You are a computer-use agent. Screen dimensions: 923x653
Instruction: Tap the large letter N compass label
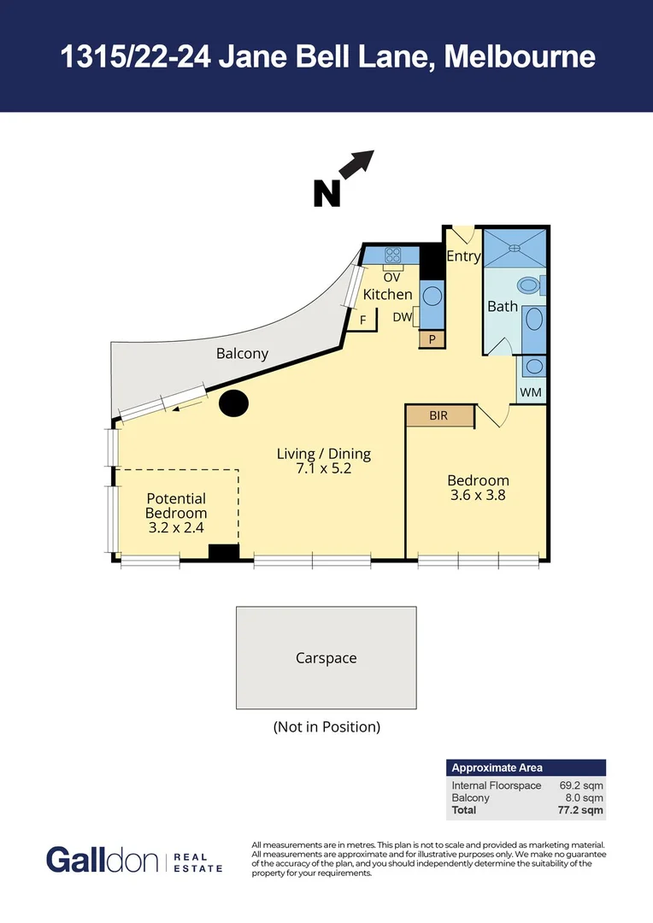326,193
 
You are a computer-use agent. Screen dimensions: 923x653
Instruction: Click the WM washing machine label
532,392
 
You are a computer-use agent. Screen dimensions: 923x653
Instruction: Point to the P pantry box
432,339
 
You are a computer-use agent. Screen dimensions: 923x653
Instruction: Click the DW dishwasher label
403,317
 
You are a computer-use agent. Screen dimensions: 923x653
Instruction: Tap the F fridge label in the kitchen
363,320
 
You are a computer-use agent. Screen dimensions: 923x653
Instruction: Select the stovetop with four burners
393,255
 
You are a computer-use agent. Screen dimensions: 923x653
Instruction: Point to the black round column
233,403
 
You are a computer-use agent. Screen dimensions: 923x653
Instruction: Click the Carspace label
326,658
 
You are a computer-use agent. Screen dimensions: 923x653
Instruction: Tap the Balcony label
242,353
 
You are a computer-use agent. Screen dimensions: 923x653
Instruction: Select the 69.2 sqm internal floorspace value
581,785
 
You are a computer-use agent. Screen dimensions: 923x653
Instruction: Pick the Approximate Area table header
497,767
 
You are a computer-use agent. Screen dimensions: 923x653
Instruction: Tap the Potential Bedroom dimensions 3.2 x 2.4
176,528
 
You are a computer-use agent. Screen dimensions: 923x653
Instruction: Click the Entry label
463,256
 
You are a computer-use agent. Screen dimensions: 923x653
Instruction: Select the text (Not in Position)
326,727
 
